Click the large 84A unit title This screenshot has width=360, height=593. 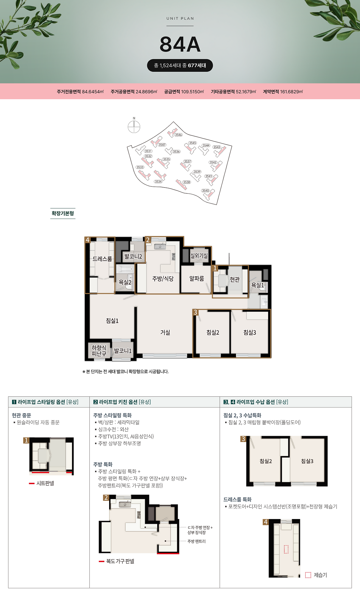[180, 44]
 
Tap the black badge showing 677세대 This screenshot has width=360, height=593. [180, 66]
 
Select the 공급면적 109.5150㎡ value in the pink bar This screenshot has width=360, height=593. [184, 92]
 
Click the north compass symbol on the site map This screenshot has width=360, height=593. [134, 127]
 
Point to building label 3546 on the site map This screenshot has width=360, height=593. [178, 135]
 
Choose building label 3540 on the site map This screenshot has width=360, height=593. [206, 191]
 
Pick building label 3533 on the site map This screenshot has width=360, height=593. [140, 167]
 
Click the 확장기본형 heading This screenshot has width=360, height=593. [63, 213]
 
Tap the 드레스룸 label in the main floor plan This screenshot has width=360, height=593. [102, 259]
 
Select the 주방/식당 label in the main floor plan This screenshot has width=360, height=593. [163, 279]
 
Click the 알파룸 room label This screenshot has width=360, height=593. [197, 278]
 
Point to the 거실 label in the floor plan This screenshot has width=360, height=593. [165, 332]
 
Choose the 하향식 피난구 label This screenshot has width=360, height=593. [99, 351]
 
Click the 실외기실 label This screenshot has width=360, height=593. [199, 256]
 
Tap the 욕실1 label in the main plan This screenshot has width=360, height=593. [257, 285]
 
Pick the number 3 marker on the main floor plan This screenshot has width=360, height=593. [195, 312]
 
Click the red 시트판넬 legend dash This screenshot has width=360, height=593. [31, 483]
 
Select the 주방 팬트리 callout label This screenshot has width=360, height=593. [197, 541]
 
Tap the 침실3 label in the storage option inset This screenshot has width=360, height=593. [307, 461]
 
